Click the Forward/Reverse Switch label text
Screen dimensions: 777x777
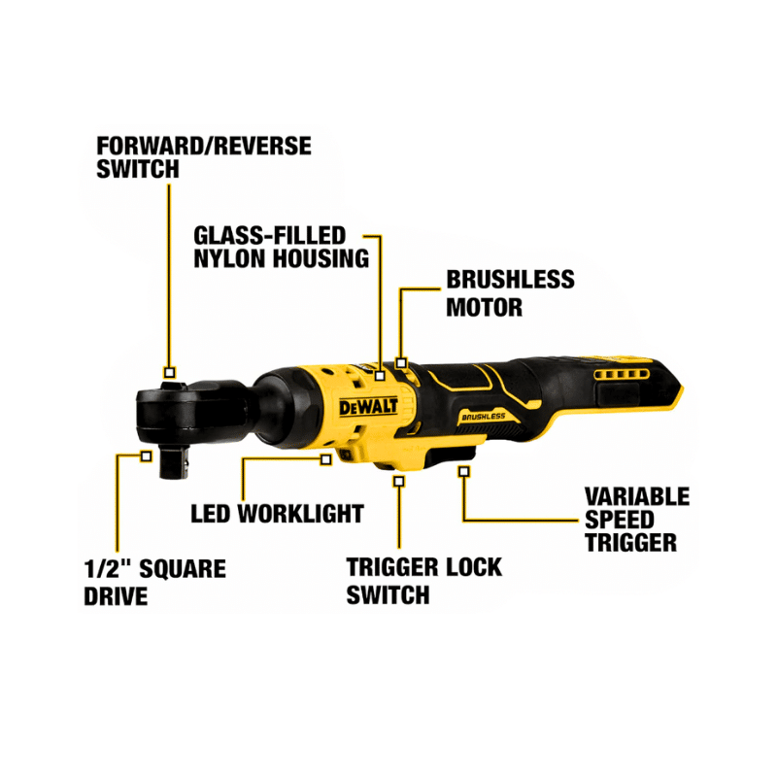204,157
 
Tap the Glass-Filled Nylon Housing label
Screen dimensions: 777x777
281,248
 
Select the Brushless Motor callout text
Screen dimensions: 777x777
511,293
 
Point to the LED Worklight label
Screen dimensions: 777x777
277,514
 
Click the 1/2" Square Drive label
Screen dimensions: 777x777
154,582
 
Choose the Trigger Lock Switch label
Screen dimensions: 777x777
423,581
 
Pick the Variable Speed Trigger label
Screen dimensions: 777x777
637,520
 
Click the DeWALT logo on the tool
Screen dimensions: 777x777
368,407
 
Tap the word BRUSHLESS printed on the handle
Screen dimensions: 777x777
483,417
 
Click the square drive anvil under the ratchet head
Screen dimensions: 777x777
175,462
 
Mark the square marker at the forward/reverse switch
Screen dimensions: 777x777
169,373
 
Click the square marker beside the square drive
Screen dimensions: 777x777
146,456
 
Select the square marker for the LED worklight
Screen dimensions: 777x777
325,459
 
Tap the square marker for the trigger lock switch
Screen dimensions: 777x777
399,481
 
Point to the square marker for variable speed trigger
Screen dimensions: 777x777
464,472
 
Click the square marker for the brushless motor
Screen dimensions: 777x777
401,363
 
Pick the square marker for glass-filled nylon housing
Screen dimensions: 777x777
380,376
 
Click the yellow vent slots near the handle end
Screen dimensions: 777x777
622,374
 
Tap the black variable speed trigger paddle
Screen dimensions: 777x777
451,453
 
